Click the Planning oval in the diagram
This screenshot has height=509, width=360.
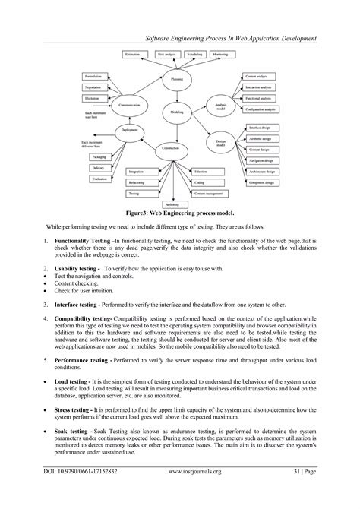177,78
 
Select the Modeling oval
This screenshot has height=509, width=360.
177,112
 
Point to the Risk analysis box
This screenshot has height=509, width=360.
166,55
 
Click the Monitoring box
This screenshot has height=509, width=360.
220,55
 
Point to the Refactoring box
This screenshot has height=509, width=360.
137,183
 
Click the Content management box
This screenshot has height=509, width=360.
208,194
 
